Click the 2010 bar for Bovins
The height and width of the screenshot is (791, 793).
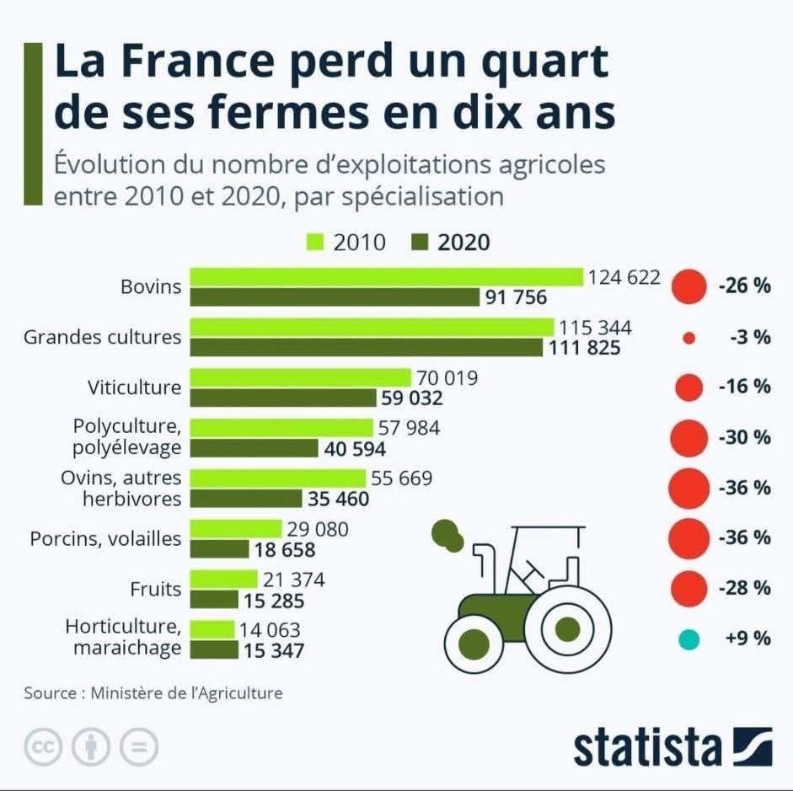386,277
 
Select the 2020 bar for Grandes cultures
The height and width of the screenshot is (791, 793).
366,347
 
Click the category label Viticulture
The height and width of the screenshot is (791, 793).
134,387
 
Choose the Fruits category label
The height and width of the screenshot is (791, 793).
155,589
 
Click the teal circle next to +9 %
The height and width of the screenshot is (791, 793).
689,639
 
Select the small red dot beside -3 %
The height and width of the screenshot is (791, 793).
689,338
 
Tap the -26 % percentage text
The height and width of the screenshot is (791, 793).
744,286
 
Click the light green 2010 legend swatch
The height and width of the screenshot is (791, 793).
314,243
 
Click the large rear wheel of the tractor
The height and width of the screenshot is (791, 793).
567,628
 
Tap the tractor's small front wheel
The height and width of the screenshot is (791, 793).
474,638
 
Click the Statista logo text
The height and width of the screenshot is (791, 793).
646,746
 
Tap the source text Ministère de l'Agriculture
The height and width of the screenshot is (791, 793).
186,693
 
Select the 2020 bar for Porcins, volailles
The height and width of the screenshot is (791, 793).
219,549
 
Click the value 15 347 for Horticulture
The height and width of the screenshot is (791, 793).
273,649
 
